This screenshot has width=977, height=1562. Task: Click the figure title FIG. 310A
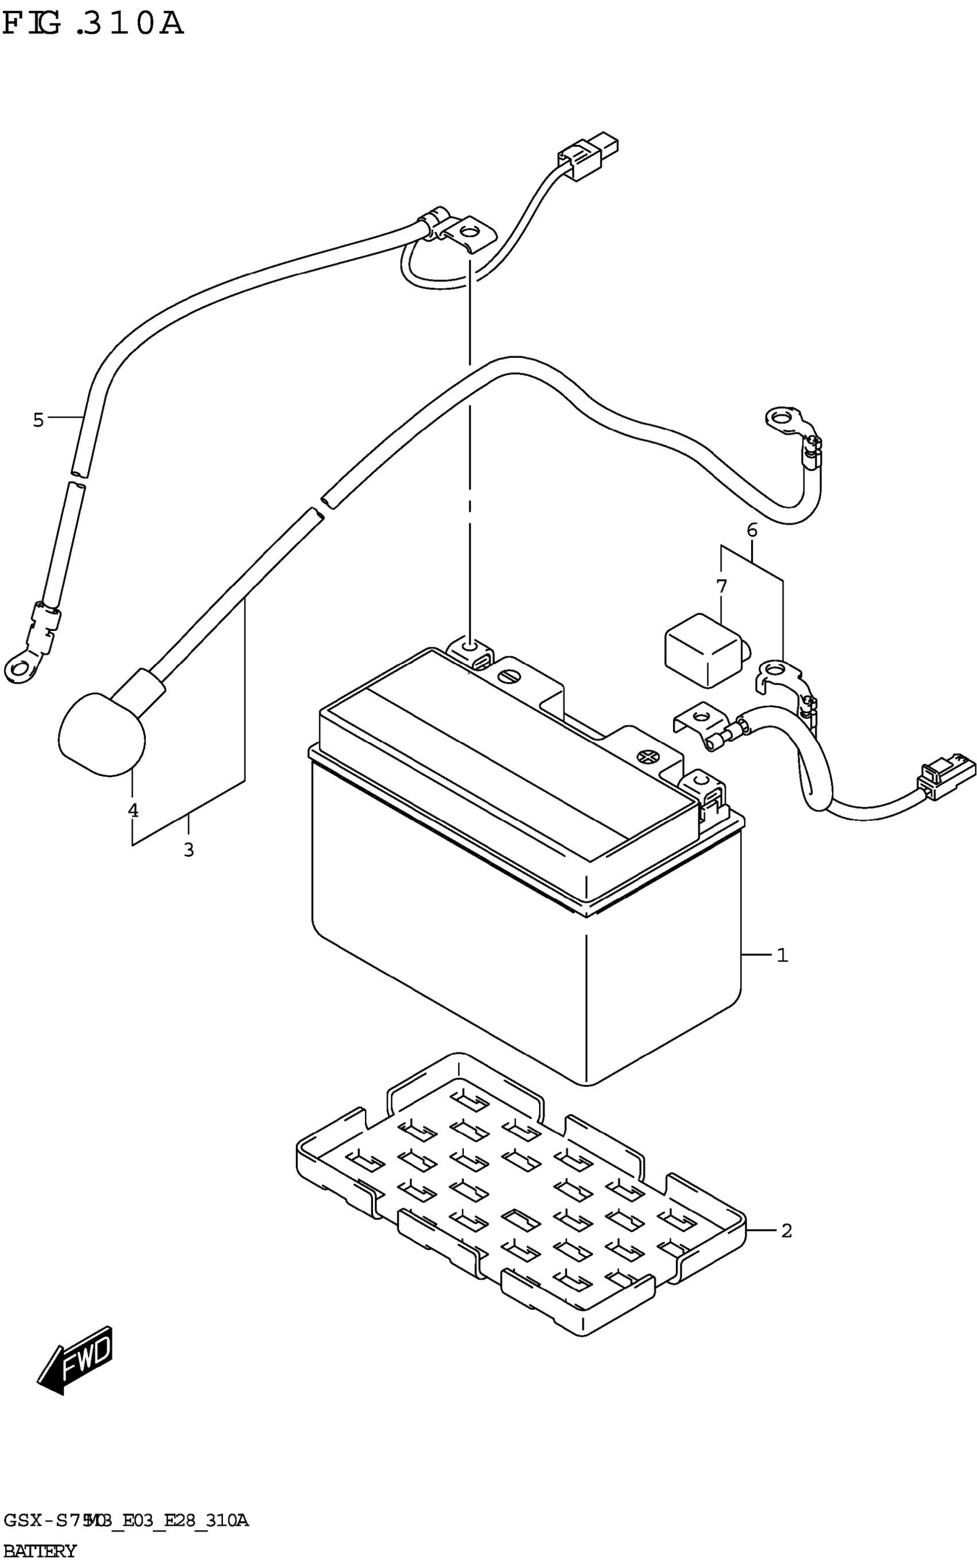tap(93, 25)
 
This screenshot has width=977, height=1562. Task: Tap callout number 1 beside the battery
tap(782, 955)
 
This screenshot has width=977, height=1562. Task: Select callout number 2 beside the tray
tap(786, 1230)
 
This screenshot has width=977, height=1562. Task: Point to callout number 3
tap(189, 850)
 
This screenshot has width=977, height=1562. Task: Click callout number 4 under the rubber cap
tap(132, 810)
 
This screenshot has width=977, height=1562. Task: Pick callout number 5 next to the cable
tap(38, 420)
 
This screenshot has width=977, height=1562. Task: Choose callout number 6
tap(752, 530)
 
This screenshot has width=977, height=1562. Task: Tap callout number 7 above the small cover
tap(721, 587)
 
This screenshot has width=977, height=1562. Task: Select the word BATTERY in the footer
tap(40, 1551)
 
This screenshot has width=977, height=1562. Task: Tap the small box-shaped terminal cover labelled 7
tap(705, 649)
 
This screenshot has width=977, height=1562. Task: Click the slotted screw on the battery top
tap(509, 676)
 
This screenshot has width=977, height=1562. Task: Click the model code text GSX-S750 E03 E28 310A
tap(125, 1521)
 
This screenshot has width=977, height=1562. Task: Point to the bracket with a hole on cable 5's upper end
tap(469, 234)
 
